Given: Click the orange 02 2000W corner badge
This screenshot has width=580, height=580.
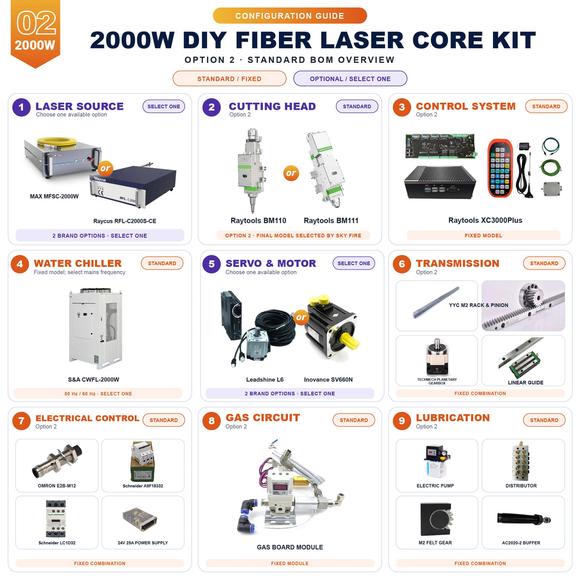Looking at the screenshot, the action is pyautogui.click(x=35, y=33).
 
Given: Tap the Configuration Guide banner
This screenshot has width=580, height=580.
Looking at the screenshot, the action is pyautogui.click(x=290, y=15).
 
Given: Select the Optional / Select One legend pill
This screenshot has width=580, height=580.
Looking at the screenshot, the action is pyautogui.click(x=350, y=79).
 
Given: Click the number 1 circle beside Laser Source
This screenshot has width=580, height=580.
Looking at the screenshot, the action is pyautogui.click(x=21, y=107).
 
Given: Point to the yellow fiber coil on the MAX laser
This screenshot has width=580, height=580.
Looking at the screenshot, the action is pyautogui.click(x=57, y=142).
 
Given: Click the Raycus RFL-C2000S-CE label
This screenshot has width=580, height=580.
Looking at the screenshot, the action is pyautogui.click(x=125, y=221).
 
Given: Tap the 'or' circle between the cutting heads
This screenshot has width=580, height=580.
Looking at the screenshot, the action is pyautogui.click(x=291, y=173).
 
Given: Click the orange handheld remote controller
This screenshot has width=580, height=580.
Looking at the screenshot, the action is pyautogui.click(x=500, y=168).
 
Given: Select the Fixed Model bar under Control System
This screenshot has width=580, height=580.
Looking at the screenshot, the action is pyautogui.click(x=483, y=235).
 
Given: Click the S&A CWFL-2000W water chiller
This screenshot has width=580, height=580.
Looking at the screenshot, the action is pyautogui.click(x=96, y=329).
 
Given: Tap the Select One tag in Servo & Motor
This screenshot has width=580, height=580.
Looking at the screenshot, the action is pyautogui.click(x=354, y=263).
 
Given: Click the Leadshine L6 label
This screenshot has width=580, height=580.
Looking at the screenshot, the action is pyautogui.click(x=264, y=379).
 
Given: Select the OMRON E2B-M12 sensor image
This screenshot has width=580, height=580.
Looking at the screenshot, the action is pyautogui.click(x=57, y=462).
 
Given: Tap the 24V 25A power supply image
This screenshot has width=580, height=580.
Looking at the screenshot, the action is pyautogui.click(x=140, y=520).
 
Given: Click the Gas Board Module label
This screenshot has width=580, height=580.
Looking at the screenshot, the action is pyautogui.click(x=290, y=547).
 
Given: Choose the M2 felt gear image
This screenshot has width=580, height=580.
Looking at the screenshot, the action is pyautogui.click(x=437, y=519).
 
